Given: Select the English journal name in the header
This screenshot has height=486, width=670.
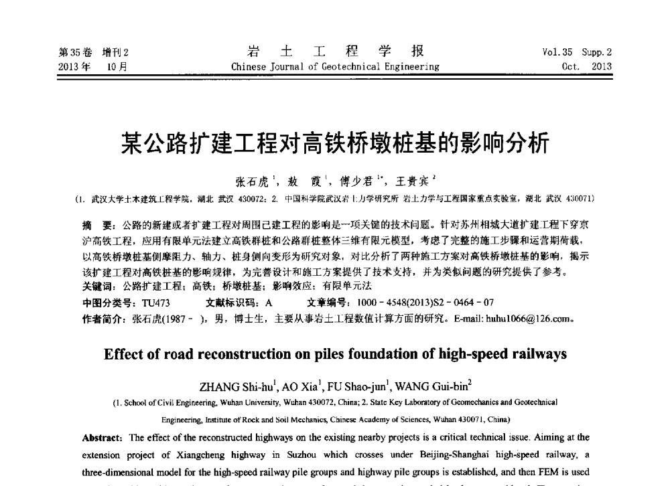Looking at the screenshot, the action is point(335,66).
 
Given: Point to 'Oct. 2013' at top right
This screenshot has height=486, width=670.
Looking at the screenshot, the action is point(587,66).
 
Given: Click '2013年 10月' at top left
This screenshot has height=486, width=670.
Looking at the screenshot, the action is point(94,66).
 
